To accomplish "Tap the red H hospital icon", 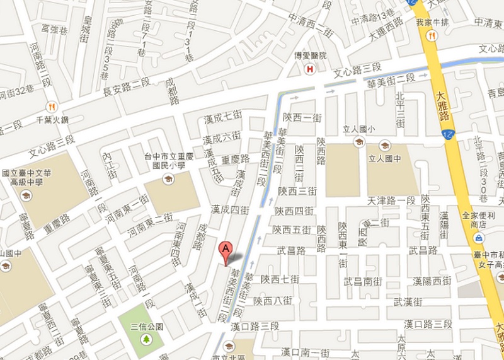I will coord(309,69).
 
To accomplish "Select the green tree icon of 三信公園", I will coord(146,339).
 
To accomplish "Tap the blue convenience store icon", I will coord(480,238).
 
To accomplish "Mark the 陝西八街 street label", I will coord(272,301).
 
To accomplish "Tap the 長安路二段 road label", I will coord(126,88).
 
